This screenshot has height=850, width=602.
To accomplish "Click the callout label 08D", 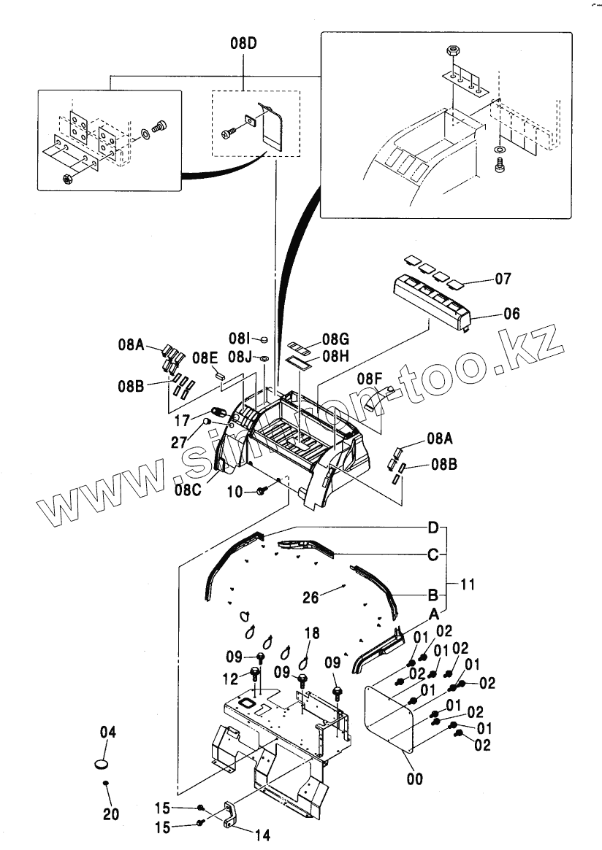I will click(x=243, y=44).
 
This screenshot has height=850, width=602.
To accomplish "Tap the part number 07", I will click(x=503, y=278).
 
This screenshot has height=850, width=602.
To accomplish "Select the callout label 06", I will click(x=511, y=314).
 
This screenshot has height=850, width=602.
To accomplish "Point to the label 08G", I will click(x=335, y=339).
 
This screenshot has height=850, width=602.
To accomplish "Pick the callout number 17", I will click(x=182, y=421).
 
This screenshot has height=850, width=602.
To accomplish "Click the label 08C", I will click(x=188, y=490).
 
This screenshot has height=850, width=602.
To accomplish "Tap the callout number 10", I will click(x=235, y=492).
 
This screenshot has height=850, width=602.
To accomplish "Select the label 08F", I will click(x=370, y=379).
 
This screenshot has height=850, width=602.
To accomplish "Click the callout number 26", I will click(x=312, y=598).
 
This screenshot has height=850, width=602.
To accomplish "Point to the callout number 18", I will click(x=312, y=633).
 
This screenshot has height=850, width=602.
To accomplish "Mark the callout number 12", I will click(x=231, y=679).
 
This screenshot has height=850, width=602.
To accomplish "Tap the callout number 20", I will click(x=111, y=814).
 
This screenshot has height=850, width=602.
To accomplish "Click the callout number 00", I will click(x=414, y=779).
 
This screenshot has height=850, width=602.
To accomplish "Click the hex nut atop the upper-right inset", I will click(x=451, y=53).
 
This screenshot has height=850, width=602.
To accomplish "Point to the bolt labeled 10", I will click(x=261, y=493).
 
